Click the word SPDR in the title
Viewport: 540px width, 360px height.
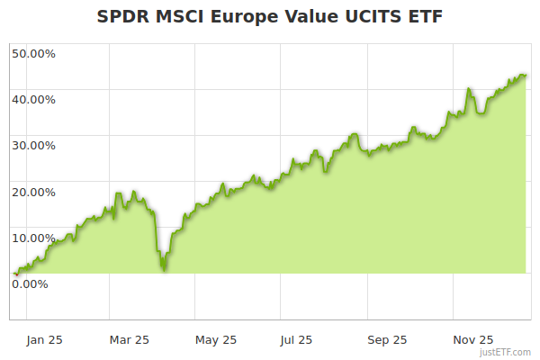[125, 17]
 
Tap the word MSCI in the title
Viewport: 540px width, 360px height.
[182, 17]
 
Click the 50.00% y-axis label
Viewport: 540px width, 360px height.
[33, 53]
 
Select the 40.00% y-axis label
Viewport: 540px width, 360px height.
[33, 99]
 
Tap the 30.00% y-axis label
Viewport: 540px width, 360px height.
[33, 145]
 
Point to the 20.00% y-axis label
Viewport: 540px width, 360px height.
[33, 192]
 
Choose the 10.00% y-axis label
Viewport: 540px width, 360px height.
[33, 238]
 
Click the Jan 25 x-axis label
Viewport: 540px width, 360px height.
[44, 339]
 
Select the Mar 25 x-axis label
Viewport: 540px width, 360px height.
[130, 339]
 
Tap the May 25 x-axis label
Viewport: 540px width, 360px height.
[216, 339]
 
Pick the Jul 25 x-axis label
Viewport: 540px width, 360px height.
[297, 339]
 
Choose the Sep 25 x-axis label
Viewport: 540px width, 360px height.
[387, 339]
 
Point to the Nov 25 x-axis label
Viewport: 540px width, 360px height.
[472, 339]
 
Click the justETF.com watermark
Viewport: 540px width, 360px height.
[508, 352]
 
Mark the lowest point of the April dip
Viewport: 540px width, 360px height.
[163, 268]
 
